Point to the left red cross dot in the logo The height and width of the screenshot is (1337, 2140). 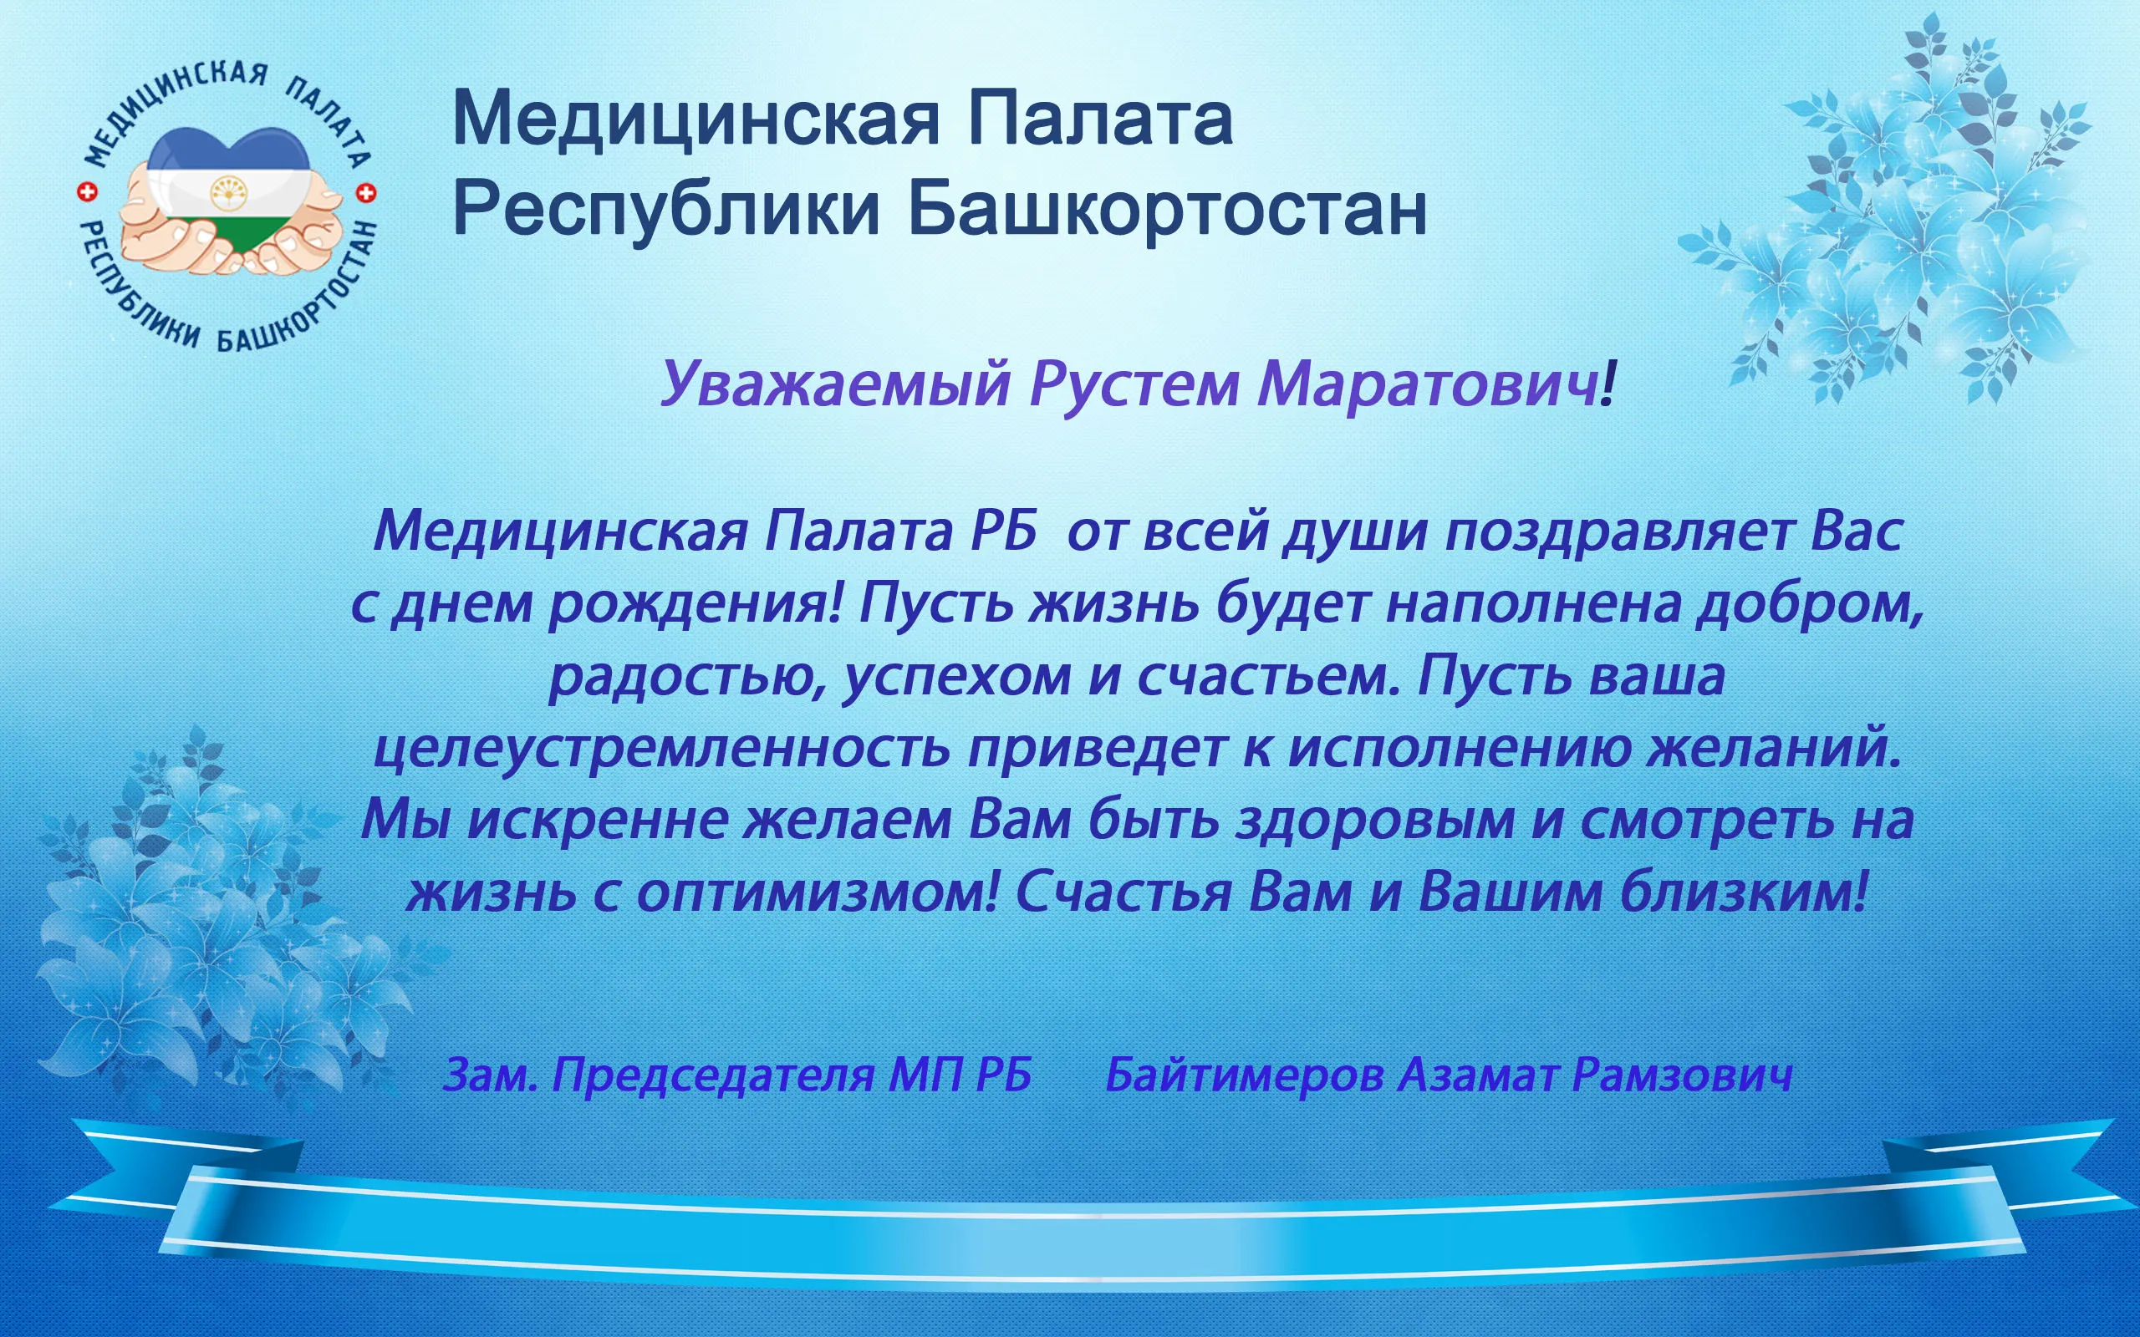87,192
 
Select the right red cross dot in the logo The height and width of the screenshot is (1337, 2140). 366,193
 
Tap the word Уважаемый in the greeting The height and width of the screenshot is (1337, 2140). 836,385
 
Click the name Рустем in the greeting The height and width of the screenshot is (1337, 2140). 1134,384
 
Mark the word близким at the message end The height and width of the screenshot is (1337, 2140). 1744,892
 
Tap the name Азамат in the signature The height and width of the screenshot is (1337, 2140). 1479,1075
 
